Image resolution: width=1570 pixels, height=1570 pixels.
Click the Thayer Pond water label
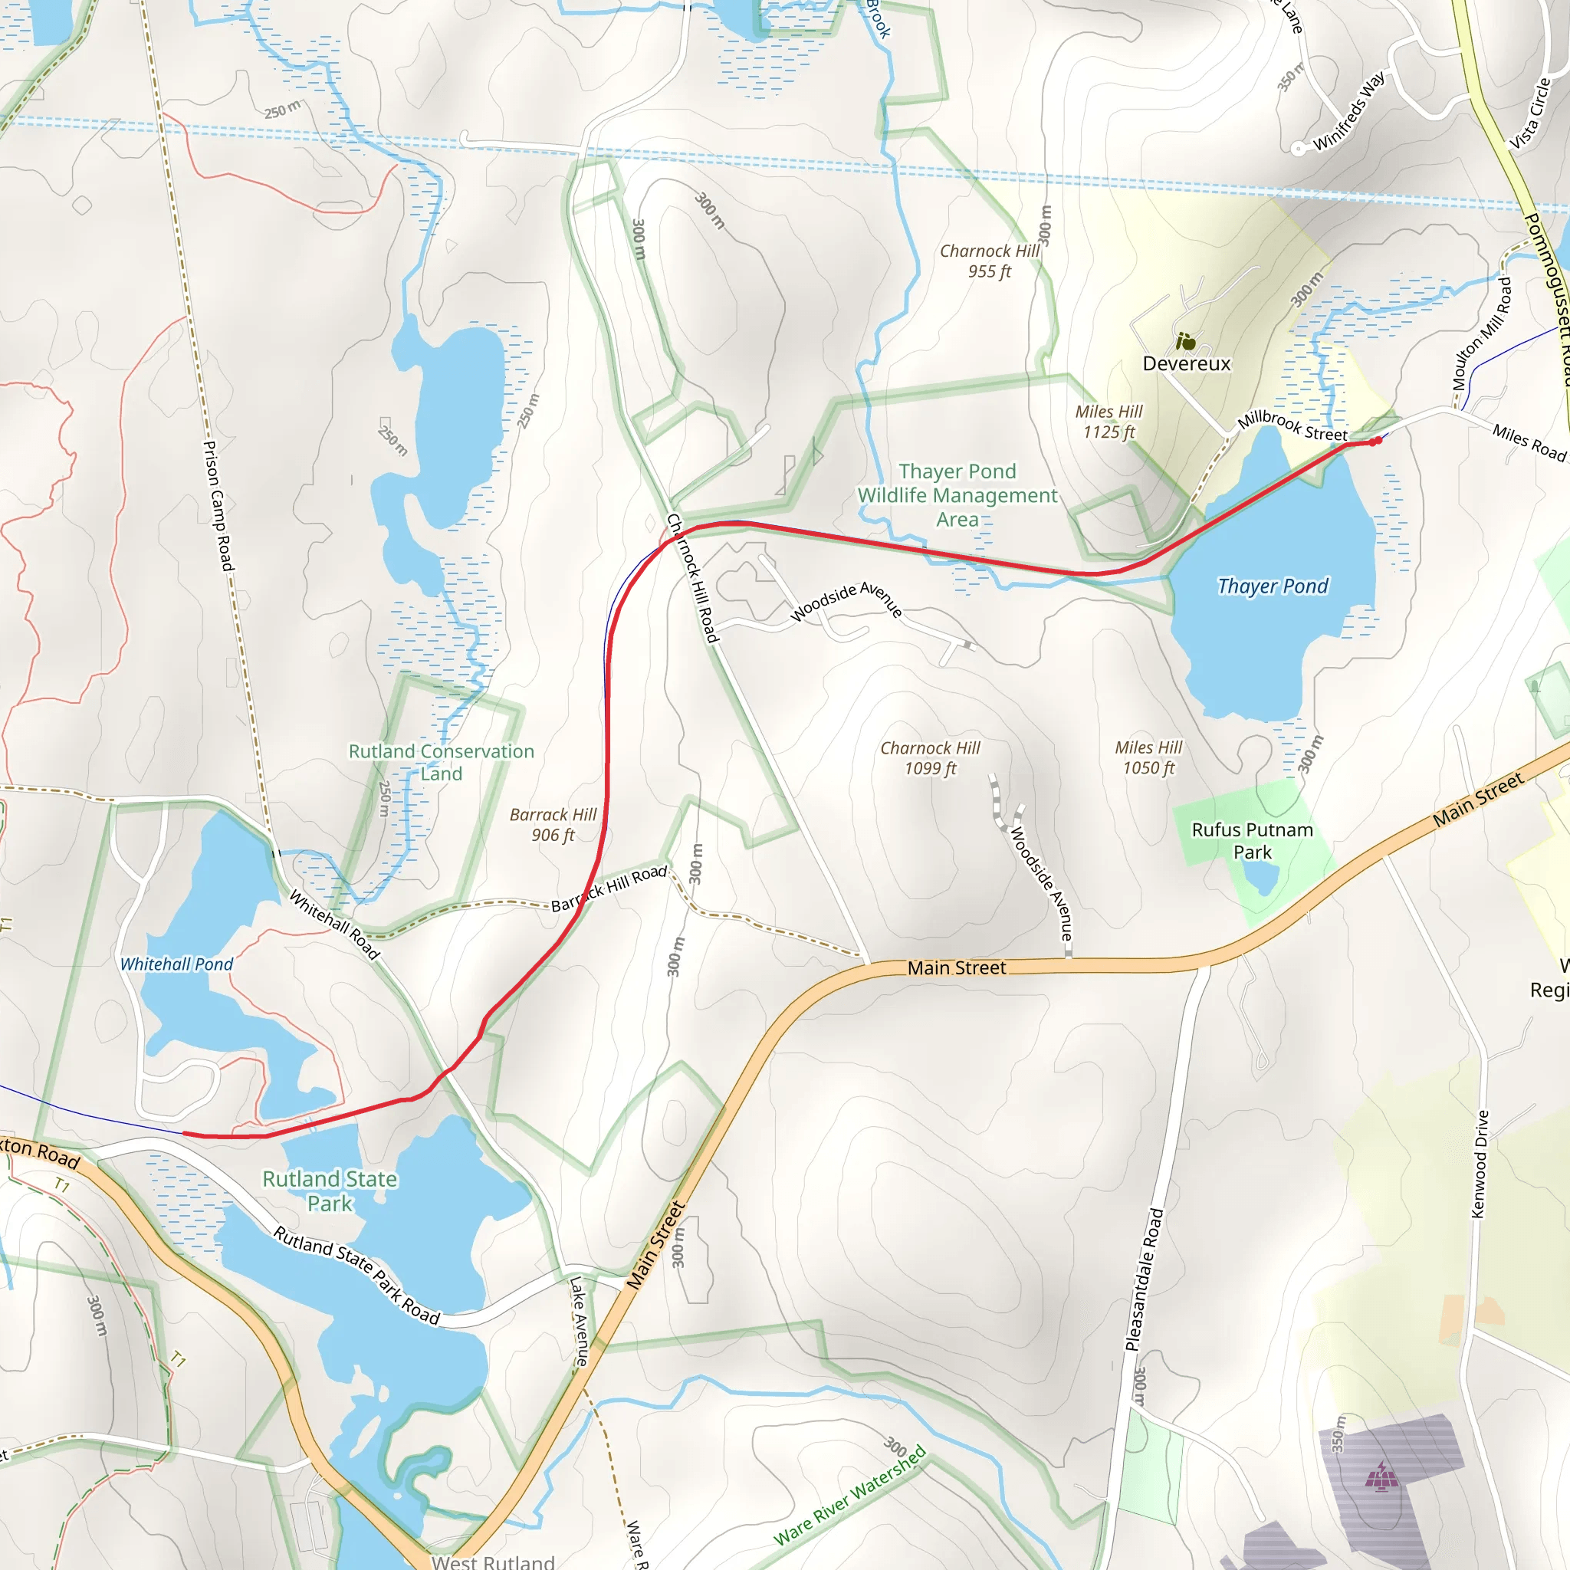coord(1273,586)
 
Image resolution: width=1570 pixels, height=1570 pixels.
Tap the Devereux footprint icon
coord(1187,341)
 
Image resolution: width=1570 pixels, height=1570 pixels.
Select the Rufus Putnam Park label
coord(1253,841)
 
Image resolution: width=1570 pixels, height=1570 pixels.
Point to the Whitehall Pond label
coord(176,964)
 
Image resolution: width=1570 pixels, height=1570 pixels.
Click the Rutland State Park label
coord(330,1191)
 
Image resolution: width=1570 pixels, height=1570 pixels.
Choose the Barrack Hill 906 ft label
coord(553,825)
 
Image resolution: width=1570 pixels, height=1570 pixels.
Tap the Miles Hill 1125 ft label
coord(1109,422)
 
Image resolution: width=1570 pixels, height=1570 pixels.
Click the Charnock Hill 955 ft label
coord(989,261)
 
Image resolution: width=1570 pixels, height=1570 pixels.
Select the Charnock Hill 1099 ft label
coord(930,758)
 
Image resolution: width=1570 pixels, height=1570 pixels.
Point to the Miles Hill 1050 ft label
coord(1148,757)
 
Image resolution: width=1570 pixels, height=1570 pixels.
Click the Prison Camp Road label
coord(218,505)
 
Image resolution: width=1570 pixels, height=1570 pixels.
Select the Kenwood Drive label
coord(1480,1164)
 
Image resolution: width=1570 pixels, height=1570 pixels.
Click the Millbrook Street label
coord(1291,425)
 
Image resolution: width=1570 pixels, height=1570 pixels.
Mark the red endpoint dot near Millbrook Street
coord(1377,442)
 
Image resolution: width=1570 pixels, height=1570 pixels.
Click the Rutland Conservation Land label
coord(442,762)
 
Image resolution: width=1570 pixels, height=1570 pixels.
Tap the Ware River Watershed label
coord(849,1494)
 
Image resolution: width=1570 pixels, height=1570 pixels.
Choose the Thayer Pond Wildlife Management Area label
coord(957,495)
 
